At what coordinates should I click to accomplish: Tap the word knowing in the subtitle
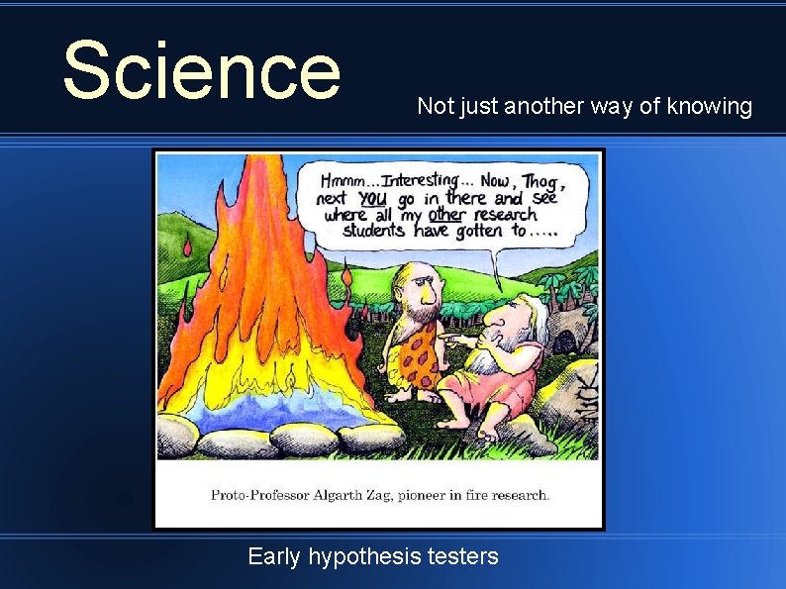(x=711, y=106)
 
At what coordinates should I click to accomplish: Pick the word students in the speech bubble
(x=373, y=231)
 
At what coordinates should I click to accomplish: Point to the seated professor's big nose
(x=495, y=320)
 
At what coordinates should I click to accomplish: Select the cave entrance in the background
(x=565, y=343)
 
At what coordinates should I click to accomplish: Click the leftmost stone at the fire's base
(x=178, y=432)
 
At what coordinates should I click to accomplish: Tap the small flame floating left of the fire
(x=188, y=245)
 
